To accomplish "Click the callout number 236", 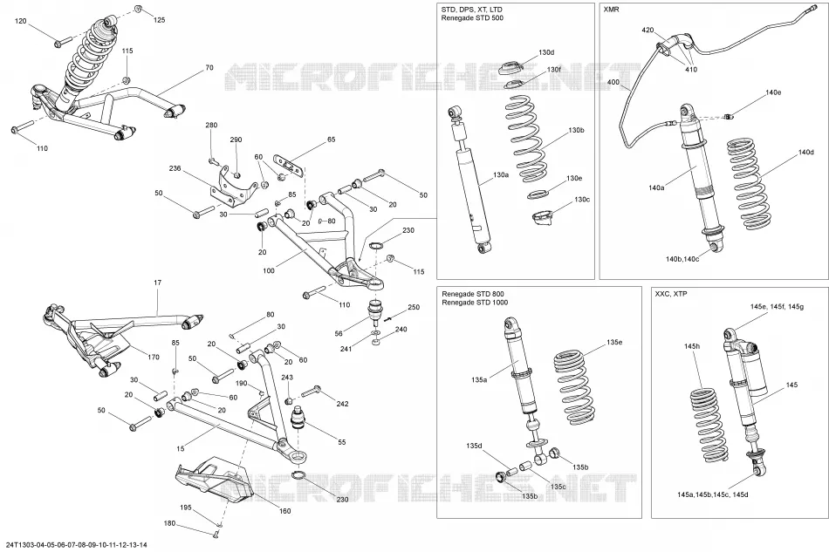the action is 175,168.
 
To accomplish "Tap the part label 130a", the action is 500,175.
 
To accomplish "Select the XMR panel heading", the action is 611,10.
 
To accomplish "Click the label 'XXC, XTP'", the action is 671,294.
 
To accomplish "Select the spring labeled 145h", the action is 709,426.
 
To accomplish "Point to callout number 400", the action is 613,82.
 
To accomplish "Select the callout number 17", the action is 158,283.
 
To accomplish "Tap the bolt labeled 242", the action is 311,392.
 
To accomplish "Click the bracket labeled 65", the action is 289,164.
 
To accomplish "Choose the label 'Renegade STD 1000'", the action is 475,302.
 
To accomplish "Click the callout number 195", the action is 185,508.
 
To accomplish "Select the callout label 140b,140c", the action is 682,259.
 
